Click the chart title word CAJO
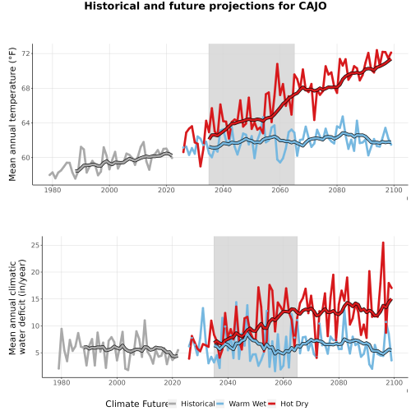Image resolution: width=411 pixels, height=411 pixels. tap(312, 6)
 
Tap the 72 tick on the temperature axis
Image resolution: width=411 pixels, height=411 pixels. tap(25, 53)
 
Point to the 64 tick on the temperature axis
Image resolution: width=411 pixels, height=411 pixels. tap(25, 122)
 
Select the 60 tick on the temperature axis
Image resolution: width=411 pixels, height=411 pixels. tap(25, 158)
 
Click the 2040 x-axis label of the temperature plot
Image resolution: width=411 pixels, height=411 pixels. tap(223, 190)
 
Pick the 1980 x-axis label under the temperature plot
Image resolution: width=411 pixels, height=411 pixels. tap(53, 190)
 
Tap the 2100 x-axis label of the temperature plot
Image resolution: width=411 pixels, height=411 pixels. tap(394, 190)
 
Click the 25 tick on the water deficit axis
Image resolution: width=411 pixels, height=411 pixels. tap(35, 245)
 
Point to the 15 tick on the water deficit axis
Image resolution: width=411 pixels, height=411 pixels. tap(35, 299)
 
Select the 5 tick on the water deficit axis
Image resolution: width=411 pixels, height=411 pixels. tap(38, 353)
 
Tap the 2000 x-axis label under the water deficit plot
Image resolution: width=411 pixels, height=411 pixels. tap(117, 382)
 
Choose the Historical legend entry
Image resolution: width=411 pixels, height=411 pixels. tap(192, 404)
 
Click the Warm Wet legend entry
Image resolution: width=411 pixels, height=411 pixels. tap(241, 404)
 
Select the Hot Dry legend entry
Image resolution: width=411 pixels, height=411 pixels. tap(288, 404)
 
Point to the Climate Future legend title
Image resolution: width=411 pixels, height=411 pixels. tap(136, 404)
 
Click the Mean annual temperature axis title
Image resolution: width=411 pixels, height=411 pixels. tap(12, 114)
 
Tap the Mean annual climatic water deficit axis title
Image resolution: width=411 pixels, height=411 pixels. tap(17, 307)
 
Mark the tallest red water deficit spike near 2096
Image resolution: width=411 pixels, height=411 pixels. tap(383, 242)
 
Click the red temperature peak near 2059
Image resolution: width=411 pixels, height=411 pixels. tap(277, 64)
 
